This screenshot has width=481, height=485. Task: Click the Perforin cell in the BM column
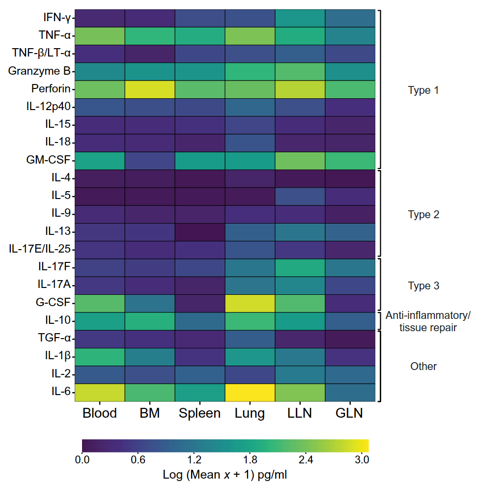[150, 89]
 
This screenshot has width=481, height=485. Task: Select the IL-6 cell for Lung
[250, 392]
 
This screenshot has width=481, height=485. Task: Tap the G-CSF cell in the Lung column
[250, 303]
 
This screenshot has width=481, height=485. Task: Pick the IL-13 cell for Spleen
[200, 232]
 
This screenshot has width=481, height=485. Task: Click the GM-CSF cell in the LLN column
[300, 161]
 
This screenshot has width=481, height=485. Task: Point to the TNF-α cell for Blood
[100, 36]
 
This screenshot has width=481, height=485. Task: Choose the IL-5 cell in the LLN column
[300, 196]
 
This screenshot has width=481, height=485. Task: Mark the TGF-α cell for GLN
[350, 339]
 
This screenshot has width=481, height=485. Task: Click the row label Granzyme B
[39, 72]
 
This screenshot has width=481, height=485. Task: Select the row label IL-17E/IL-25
[39, 250]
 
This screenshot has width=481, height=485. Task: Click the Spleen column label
[200, 413]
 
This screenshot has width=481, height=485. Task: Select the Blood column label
[100, 413]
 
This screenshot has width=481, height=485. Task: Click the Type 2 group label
[424, 215]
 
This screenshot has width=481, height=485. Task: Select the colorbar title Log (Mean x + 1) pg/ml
[225, 475]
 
